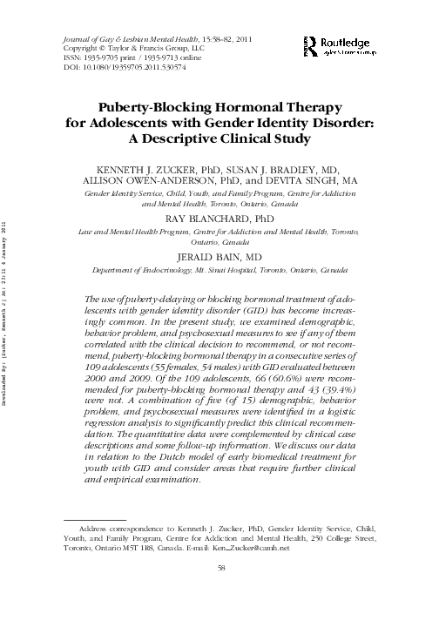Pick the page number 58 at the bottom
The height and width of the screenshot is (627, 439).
[219, 568]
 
